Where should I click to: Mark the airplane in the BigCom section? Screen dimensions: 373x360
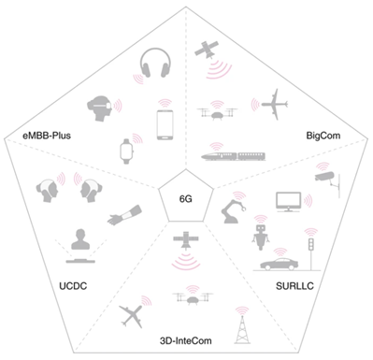click(275, 103)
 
